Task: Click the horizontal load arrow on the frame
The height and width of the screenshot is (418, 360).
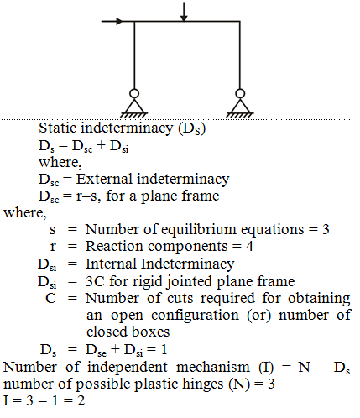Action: pos(112,21)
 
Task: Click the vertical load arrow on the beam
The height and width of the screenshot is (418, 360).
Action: pos(184,12)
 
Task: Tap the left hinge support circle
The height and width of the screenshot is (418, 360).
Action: pos(134,93)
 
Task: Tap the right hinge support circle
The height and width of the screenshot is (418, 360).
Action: pos(240,93)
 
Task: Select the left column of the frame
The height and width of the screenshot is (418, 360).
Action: pos(134,55)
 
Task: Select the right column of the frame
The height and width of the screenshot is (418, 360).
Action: pos(240,55)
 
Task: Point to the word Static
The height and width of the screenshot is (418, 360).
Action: pos(57,128)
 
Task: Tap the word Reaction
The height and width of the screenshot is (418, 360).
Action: pos(115,247)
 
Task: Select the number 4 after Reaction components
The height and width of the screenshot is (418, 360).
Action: pos(249,247)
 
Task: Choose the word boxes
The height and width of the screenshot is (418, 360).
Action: pos(149,332)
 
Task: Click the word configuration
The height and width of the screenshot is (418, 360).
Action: pos(196,316)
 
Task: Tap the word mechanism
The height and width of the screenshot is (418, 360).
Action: pos(213,367)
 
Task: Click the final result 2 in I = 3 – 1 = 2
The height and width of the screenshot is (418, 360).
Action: pos(81,400)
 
